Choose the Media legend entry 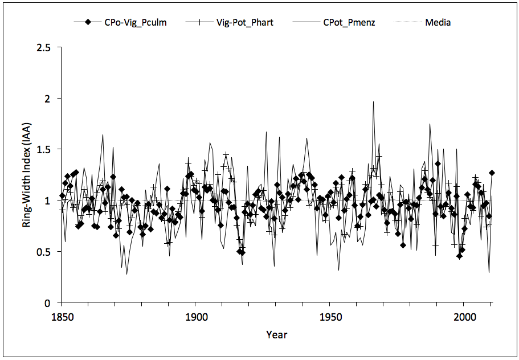(x=438, y=23)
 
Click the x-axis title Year (x=276, y=335)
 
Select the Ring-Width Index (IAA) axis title (x=27, y=175)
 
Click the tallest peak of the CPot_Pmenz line (x=373, y=102)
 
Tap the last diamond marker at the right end (x=491, y=173)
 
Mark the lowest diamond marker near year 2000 (x=459, y=256)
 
